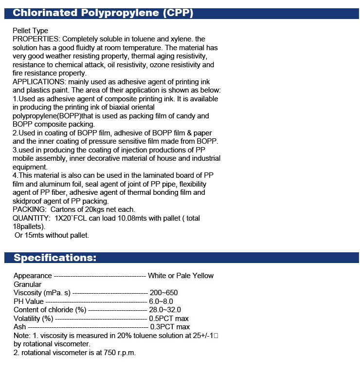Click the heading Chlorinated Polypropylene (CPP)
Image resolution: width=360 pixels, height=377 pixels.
click(103, 13)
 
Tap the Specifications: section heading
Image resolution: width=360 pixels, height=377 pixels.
click(55, 257)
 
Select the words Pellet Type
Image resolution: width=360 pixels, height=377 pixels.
click(30, 31)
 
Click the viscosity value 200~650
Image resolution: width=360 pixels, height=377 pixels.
click(164, 293)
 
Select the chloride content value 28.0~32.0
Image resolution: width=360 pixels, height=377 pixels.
click(165, 310)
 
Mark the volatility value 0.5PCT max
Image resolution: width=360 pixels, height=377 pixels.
click(169, 318)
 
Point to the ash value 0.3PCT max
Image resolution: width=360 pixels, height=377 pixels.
click(170, 327)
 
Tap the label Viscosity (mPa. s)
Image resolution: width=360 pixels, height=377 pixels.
click(42, 293)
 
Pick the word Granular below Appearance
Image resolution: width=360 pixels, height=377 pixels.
click(27, 284)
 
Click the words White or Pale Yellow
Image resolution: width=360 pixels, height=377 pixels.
click(180, 276)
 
